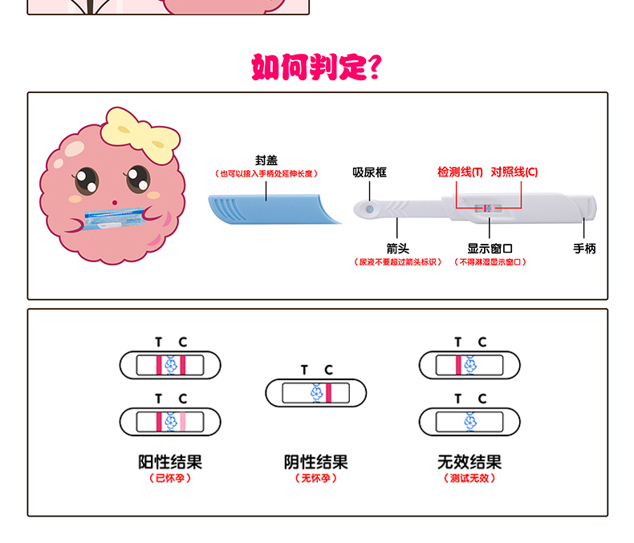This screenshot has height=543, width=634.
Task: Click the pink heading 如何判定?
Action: pos(316,67)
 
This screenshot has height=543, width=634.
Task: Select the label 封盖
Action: pos(266,160)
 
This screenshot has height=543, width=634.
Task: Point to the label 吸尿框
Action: pos(370,172)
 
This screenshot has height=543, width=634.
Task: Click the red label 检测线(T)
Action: pos(460,172)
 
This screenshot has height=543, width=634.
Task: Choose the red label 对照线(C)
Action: pos(514,172)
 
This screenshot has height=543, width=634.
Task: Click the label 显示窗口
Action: pos(490,249)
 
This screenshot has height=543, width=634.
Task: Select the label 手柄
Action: pos(584,249)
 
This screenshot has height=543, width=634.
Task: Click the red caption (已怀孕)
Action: pos(170,478)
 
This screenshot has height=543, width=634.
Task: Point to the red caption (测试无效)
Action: pos(469,478)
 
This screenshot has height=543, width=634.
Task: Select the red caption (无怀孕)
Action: pos(316,478)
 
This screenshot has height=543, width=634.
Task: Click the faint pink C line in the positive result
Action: pos(183,420)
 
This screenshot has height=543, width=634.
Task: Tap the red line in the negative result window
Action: pos(328,392)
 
